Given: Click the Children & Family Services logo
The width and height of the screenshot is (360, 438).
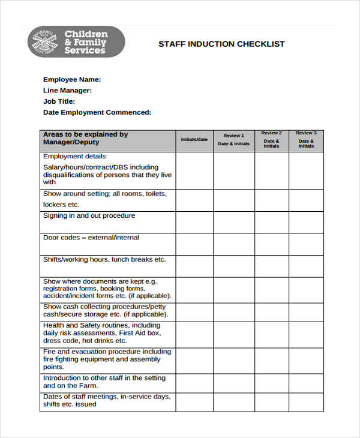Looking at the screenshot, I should coord(76,42).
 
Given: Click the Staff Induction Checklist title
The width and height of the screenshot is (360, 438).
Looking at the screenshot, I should coord(221,44).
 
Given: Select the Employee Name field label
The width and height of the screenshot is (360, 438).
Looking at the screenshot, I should coord(72,79).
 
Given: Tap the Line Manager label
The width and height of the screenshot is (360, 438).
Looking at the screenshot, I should coord(67,91).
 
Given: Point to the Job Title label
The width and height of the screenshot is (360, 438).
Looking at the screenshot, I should coord(59,101).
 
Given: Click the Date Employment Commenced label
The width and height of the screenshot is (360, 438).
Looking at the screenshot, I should coord(97,112).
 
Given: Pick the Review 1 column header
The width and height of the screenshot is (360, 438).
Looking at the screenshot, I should coord(233,140).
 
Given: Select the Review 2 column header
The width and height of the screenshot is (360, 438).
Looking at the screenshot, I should coord(271,140).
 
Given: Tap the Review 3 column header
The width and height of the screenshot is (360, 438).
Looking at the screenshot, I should coord(306,140).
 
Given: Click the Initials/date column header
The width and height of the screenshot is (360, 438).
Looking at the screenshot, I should coord(194,140).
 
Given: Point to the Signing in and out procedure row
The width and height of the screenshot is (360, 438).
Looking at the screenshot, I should coord(89,216).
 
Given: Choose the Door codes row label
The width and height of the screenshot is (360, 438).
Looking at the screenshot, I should coord(91,238).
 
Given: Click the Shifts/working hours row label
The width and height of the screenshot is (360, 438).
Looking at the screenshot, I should coord(104,260).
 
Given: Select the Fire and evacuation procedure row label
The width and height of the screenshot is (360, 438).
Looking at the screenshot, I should coord(107,359).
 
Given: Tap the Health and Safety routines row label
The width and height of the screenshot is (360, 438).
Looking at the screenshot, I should coord(102,332).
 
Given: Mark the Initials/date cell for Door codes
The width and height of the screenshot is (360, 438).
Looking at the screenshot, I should coord(194,244).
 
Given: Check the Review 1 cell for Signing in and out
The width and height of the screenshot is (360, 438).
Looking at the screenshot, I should coord(233,222).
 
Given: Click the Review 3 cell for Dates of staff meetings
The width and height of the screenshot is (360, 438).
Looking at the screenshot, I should coord(306,401).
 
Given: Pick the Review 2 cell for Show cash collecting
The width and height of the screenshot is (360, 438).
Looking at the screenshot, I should coord(271,311).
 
